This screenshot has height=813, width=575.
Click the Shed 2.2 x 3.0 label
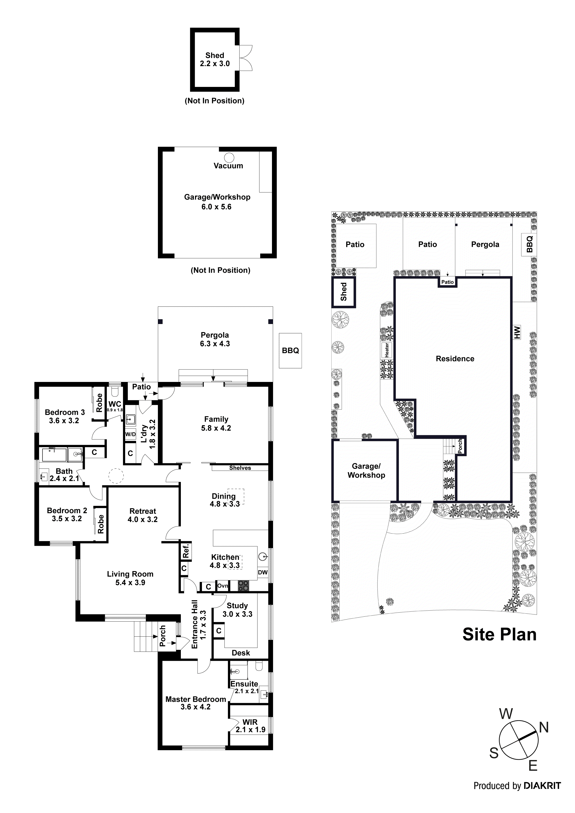[215, 60]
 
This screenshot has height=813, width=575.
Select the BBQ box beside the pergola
[290, 351]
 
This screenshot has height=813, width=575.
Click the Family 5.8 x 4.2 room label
[216, 423]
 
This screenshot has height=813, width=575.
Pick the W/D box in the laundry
[130, 435]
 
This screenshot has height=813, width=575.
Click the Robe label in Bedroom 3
[99, 403]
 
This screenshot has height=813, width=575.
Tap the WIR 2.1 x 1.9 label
[250, 726]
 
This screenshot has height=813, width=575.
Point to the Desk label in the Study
[241, 653]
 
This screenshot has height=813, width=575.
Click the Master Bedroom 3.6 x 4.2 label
[195, 703]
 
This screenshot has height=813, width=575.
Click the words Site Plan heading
[499, 635]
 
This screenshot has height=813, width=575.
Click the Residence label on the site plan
[455, 359]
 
